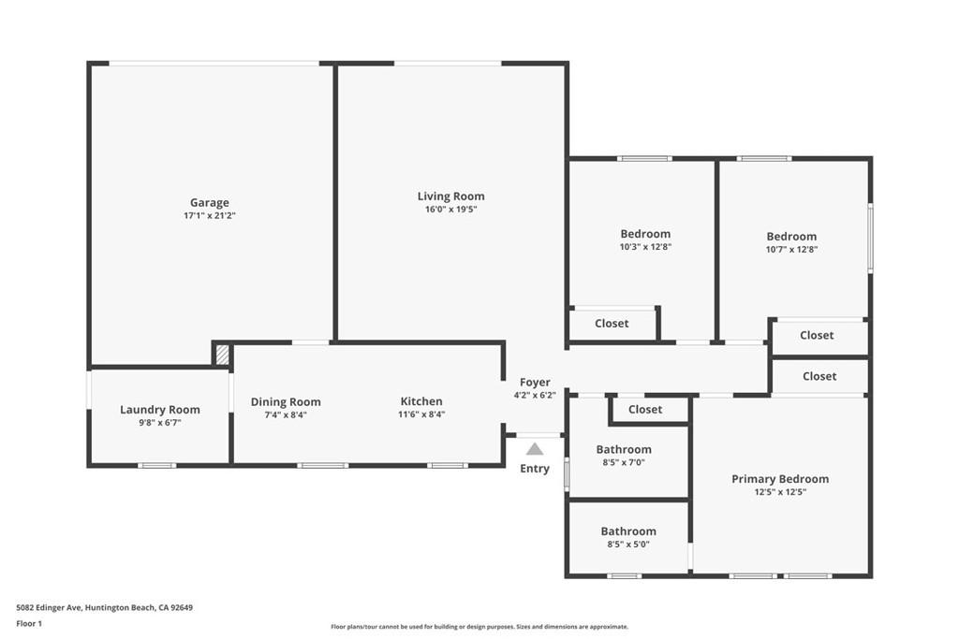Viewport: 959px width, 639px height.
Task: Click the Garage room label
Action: coord(209,202)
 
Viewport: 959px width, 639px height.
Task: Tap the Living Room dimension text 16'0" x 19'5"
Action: coord(450,210)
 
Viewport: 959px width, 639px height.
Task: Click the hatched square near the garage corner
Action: coord(223,356)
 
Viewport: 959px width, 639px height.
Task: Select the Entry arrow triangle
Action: coord(535,449)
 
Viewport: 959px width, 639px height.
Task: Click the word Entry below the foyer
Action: coord(535,469)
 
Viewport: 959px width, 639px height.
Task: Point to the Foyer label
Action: coord(535,382)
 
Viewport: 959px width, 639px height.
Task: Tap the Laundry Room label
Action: coord(160,410)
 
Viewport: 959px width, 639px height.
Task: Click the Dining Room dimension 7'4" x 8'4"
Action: coord(286,414)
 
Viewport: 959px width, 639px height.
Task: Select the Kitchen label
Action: coord(421,401)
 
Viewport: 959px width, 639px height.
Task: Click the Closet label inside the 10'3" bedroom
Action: coord(612,323)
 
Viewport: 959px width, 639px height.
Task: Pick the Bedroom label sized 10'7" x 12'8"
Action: coord(791,237)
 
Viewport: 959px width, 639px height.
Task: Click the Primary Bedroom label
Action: coord(780,479)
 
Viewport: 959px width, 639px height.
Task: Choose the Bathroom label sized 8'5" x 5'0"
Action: coord(628,531)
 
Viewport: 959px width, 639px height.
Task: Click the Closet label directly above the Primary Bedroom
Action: coord(819,376)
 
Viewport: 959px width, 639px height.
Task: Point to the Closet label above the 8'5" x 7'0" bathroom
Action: coord(645,409)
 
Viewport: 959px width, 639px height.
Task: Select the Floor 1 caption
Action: coord(29,623)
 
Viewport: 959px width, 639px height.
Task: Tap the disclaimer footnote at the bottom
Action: coord(479,627)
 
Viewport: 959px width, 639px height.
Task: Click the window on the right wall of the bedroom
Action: coord(870,239)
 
